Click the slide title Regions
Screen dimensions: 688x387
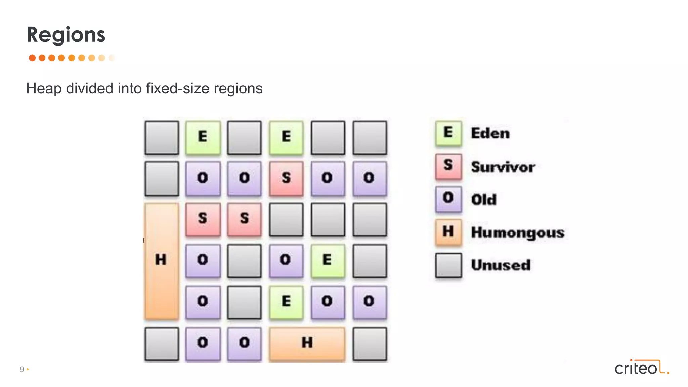[x=66, y=35]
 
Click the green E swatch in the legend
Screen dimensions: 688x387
[x=448, y=133]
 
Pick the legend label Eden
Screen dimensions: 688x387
[x=490, y=133]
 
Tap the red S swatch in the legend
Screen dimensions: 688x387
[x=448, y=166]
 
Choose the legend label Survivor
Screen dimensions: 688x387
[x=503, y=167]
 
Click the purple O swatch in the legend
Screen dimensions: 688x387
[x=448, y=199]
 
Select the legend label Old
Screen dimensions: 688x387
[x=484, y=200]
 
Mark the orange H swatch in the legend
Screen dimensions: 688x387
[x=448, y=232]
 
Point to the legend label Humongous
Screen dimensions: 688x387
[x=518, y=232]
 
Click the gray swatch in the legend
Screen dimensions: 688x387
[x=448, y=265]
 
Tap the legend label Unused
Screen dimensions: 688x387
[x=501, y=265]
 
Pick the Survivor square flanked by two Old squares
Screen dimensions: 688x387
[x=286, y=178]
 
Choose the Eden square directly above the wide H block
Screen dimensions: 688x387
[x=286, y=302]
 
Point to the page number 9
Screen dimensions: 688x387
[x=22, y=369]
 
